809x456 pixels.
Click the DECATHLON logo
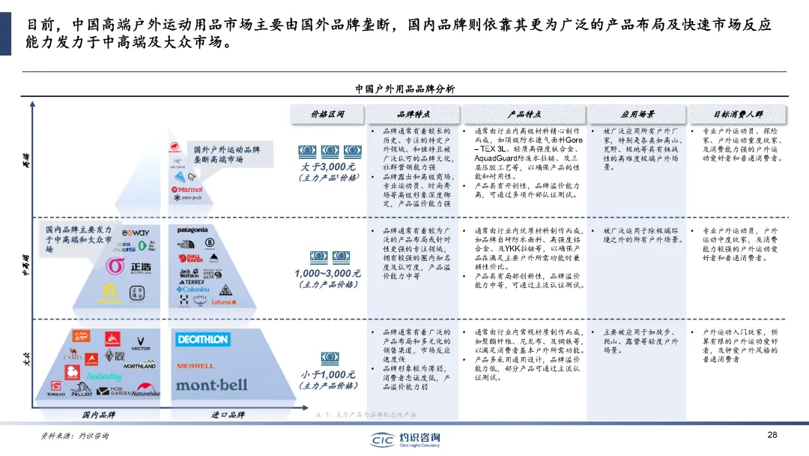point(202,340)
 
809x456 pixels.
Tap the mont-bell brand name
point(211,385)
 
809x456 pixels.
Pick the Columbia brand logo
point(194,289)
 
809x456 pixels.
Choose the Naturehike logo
point(146,391)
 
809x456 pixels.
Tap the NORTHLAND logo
point(140,365)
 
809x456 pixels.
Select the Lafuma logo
point(222,301)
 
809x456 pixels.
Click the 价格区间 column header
point(327,114)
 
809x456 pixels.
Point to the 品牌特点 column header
point(413,114)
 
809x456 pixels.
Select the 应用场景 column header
point(637,114)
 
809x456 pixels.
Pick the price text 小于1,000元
point(328,373)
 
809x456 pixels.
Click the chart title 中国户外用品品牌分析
point(404,88)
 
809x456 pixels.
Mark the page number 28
point(772,435)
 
